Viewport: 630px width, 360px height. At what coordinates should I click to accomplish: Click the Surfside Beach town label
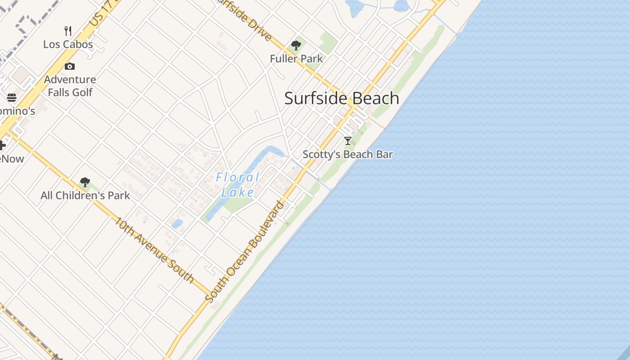tap(342, 98)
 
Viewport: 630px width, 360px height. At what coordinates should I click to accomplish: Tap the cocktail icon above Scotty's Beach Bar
tap(347, 141)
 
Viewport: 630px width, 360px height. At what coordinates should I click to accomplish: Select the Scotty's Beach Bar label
tap(347, 154)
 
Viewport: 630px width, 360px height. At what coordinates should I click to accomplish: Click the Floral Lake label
tap(238, 184)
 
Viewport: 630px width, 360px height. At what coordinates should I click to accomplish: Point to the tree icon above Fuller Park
tap(296, 45)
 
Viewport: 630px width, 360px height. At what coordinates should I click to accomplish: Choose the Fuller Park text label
tap(296, 58)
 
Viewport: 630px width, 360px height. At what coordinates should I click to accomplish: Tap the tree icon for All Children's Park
tap(85, 182)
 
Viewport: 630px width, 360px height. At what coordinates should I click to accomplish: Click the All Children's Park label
tap(85, 195)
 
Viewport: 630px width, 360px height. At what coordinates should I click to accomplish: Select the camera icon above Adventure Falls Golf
tap(70, 67)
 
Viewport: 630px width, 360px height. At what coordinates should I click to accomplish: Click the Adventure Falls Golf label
tap(70, 86)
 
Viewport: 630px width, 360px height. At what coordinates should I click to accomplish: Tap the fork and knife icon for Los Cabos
tap(68, 31)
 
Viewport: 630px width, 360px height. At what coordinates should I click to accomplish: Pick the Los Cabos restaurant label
tap(68, 44)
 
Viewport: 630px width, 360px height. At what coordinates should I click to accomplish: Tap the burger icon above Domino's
tap(12, 98)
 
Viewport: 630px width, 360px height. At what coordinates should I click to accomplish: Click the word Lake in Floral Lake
tap(238, 192)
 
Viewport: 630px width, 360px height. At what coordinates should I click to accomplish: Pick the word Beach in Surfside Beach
tap(373, 98)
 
